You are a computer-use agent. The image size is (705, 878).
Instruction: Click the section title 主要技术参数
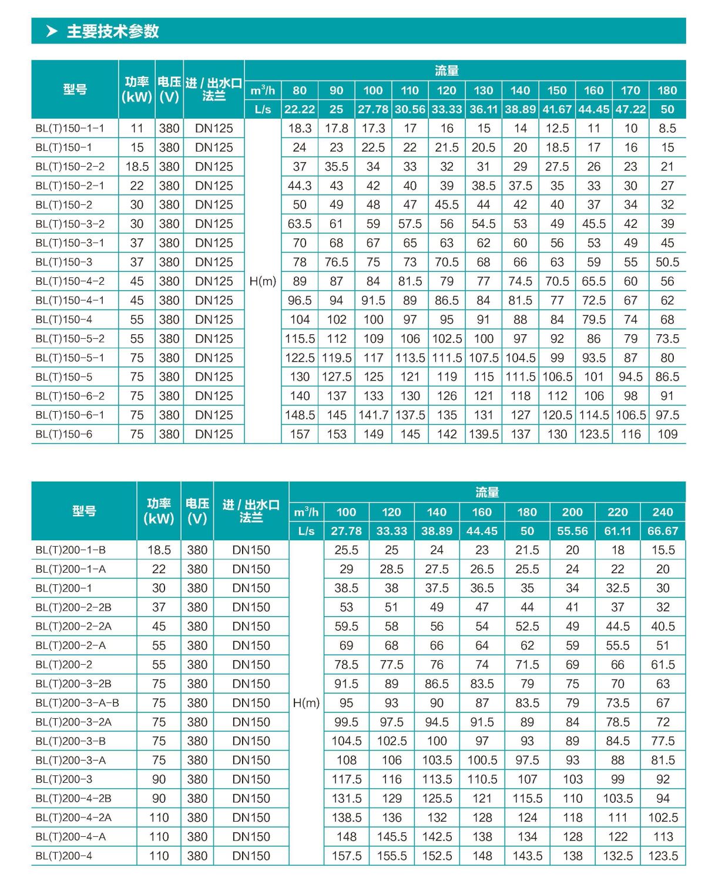(x=113, y=31)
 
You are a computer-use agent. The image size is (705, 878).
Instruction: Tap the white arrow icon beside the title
(x=52, y=31)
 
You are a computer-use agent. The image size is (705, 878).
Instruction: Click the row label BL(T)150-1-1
(x=69, y=128)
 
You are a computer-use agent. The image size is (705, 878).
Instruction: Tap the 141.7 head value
(x=373, y=415)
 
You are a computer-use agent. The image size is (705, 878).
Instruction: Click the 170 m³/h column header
(x=630, y=90)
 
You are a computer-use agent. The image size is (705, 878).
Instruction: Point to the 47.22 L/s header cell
(x=630, y=109)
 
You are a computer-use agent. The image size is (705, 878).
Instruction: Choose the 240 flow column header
(x=663, y=512)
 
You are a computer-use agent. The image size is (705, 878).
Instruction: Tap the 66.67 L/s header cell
(x=663, y=531)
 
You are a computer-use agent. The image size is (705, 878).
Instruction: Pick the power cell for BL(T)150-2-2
(x=137, y=167)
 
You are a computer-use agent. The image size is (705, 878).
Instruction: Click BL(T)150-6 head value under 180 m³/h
(x=667, y=435)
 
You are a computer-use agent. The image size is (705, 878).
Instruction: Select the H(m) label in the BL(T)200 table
(x=306, y=703)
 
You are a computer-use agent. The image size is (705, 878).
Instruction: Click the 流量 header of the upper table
(x=446, y=70)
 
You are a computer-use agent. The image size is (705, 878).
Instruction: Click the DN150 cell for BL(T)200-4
(x=251, y=856)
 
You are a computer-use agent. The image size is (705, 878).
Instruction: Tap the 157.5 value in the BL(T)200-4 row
(x=347, y=856)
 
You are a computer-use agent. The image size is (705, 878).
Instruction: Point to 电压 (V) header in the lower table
(x=197, y=511)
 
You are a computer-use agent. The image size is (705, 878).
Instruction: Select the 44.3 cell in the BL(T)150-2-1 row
(x=300, y=186)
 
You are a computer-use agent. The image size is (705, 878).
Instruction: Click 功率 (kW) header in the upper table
(x=137, y=89)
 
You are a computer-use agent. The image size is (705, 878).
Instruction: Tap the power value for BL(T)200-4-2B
(x=159, y=799)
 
